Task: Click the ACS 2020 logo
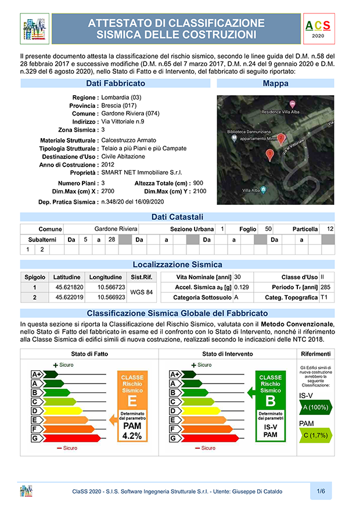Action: (x=318, y=28)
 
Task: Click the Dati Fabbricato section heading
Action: (x=116, y=84)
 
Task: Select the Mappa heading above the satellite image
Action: (x=275, y=84)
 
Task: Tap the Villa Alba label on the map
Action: (x=251, y=190)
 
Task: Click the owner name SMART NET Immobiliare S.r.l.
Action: (x=142, y=173)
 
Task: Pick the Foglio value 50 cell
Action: (x=268, y=229)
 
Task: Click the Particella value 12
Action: (x=330, y=229)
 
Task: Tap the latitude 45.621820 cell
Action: (x=70, y=287)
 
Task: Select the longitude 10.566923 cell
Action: (x=111, y=297)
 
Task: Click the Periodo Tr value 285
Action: (x=326, y=287)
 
